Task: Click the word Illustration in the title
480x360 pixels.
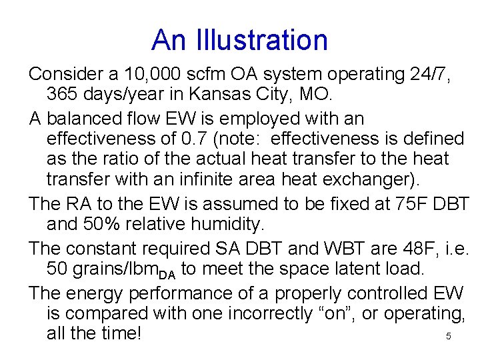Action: (263, 40)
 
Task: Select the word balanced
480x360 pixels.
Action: (85, 119)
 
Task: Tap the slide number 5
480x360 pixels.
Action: (449, 337)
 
